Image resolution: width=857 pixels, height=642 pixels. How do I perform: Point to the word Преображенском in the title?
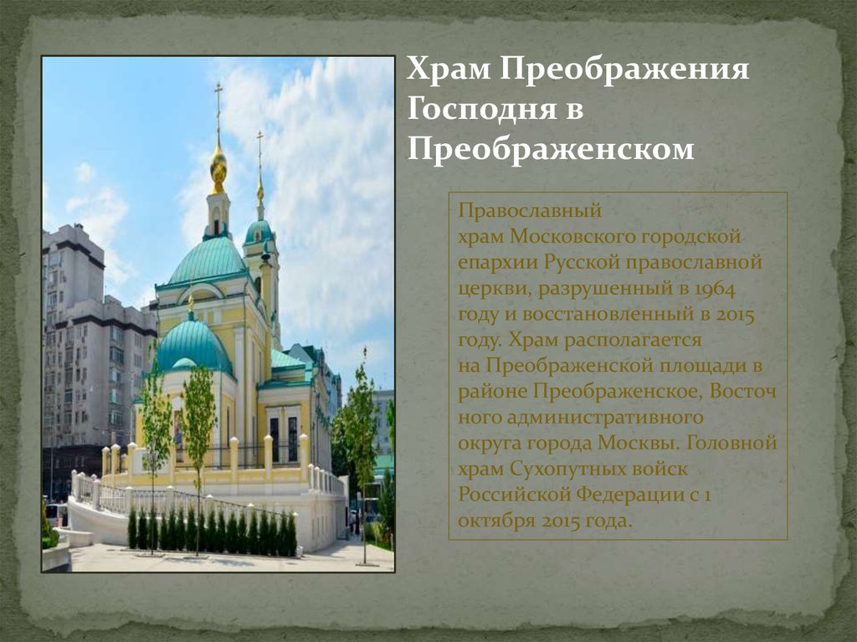click(551, 149)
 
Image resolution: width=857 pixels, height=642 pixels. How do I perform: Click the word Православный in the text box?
click(530, 211)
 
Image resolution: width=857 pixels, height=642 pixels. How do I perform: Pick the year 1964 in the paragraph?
click(715, 288)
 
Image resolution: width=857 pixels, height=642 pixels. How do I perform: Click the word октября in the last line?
click(496, 521)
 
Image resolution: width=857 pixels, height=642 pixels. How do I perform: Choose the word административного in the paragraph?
click(605, 418)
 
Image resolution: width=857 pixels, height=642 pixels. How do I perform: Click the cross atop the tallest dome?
click(218, 104)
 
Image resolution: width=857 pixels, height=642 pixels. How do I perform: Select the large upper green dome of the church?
click(208, 261)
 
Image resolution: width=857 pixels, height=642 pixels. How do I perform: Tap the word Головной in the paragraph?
click(731, 443)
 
